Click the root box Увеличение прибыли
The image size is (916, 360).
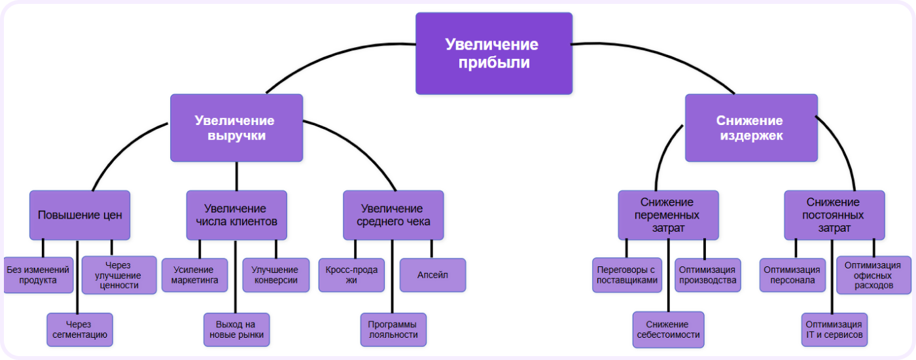pos(494,54)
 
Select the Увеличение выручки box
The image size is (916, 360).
pos(236,128)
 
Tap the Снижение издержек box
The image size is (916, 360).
pos(750,128)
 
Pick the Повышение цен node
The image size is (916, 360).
pos(80,215)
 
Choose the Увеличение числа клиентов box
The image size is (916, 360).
pos(236,215)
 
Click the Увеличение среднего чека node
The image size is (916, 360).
pos(393,215)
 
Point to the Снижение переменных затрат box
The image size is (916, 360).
pos(668,215)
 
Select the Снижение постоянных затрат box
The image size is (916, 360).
pos(834,215)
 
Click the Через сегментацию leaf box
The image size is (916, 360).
pos(80,329)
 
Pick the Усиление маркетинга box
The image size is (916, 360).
pos(195,275)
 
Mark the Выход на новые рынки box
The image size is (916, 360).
pos(236,329)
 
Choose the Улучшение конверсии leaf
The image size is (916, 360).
pos(275,275)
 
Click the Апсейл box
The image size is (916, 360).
pos(432,275)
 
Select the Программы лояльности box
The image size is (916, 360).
pos(393,329)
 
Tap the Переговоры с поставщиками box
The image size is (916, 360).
pos(627,275)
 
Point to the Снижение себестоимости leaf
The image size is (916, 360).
pos(668,329)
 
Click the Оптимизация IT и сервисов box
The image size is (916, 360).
pos(834,329)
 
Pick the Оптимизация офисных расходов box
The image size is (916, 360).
pos(873,275)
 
